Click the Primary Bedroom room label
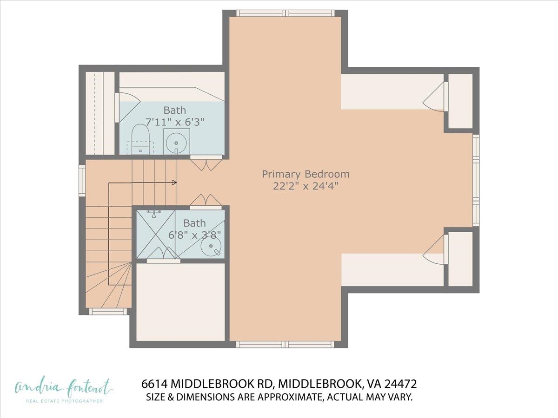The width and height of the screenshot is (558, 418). (306, 174)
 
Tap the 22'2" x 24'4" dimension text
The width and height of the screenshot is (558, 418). (306, 186)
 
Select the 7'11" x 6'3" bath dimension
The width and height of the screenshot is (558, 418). (175, 122)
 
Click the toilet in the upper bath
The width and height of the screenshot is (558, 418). (139, 138)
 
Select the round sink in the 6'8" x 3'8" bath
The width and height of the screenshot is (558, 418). (210, 248)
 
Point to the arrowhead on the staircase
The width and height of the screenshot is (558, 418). (174, 183)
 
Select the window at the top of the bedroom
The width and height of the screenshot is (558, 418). (285, 13)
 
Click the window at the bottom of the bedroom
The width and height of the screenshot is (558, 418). (285, 344)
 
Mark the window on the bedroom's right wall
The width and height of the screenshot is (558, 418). (476, 180)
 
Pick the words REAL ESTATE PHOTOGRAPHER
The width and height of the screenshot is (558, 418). (64, 401)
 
